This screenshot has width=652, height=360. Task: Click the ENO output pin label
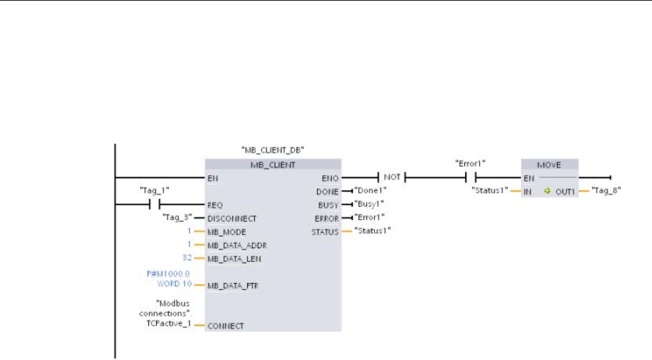(x=329, y=177)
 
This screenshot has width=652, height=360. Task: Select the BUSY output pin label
(x=327, y=205)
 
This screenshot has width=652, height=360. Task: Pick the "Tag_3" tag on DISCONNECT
(x=174, y=218)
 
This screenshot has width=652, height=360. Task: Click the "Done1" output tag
(x=369, y=191)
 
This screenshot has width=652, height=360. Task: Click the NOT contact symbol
(x=392, y=177)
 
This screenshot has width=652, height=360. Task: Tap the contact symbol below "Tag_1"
(x=154, y=205)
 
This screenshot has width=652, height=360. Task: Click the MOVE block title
(x=549, y=164)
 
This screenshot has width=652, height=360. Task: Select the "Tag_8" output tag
(x=604, y=191)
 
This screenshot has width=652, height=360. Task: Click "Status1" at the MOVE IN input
(x=489, y=191)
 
